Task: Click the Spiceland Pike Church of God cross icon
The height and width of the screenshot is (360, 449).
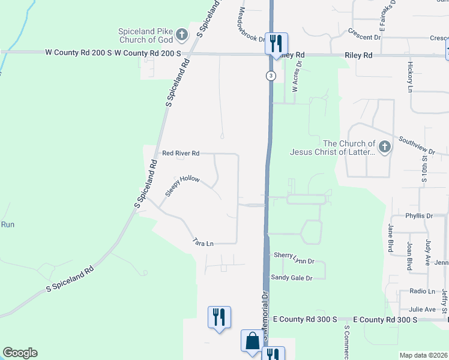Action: (183, 39)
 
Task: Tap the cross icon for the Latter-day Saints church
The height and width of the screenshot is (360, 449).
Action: (384, 146)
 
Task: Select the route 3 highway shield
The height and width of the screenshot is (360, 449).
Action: (271, 76)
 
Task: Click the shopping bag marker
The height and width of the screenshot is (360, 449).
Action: (252, 342)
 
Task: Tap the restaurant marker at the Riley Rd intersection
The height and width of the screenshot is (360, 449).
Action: (277, 43)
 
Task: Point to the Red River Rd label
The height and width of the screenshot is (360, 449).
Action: (181, 154)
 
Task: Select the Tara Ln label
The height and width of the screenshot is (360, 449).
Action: (203, 243)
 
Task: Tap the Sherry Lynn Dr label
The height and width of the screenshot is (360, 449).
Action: (294, 257)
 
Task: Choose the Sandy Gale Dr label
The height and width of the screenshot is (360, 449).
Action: (292, 278)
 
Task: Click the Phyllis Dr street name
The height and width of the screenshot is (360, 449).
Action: (418, 215)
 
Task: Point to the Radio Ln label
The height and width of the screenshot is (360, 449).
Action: (422, 291)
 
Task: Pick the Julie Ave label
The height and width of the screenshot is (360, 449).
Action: (422, 309)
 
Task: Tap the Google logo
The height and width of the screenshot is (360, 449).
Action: (20, 353)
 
